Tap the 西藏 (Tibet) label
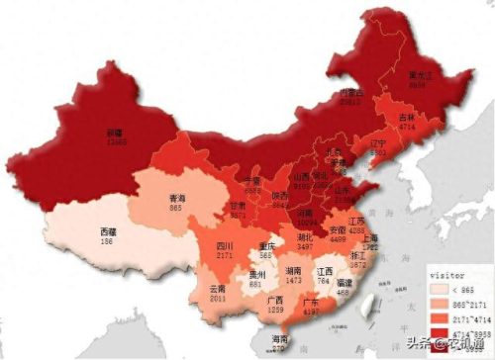(107, 231)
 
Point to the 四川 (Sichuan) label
(225, 245)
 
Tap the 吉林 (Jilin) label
(406, 117)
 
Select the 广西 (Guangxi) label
(273, 300)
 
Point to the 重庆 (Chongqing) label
(265, 246)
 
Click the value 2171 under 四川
(225, 255)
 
